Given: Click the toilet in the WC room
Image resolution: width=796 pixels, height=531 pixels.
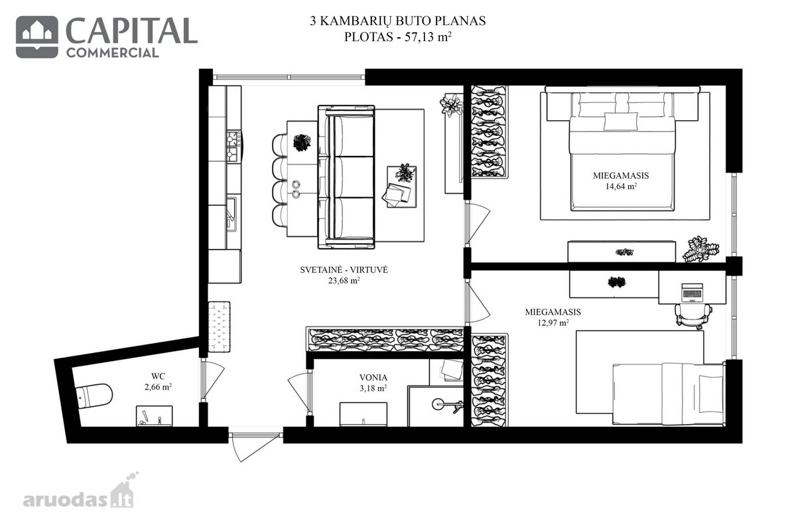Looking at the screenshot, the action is pos(94,396).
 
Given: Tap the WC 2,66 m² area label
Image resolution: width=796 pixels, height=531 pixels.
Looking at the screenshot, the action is pos(158,382).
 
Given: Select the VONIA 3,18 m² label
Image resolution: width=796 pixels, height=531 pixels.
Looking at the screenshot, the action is pos(373,383).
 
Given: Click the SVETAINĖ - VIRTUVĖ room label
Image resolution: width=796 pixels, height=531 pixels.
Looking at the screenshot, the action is pos(344,270).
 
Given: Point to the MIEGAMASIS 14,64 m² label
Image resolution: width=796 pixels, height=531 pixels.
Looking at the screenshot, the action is pos(621,181).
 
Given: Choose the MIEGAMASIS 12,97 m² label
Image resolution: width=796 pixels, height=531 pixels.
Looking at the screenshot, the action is pos(553,317).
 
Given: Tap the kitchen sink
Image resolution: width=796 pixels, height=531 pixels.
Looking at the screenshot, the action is pos(231,214).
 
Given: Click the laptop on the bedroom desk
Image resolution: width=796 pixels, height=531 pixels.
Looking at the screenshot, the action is pos(692,293).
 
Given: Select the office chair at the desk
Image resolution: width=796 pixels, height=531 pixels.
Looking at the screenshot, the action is pos(693,315).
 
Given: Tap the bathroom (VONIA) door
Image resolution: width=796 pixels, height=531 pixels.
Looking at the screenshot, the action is pos(300,391).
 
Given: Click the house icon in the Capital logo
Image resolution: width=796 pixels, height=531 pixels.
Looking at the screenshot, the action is pos(37,37).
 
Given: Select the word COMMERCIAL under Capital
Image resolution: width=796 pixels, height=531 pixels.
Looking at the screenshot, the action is pos(112,53).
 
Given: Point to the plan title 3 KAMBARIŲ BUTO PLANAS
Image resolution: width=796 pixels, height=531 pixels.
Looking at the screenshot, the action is pos(397,21).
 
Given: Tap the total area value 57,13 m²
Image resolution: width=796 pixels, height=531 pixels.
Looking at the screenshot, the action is pos(429,37).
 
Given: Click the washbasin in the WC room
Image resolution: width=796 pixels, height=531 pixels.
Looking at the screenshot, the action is pos(154,416).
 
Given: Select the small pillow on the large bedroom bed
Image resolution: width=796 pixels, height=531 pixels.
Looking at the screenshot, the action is pos(621,121).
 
